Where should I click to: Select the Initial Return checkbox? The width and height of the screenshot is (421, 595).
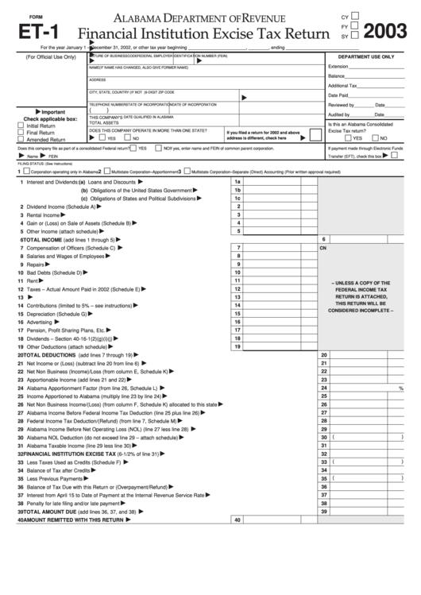[21, 126]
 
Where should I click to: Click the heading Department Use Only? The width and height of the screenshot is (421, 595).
[365, 57]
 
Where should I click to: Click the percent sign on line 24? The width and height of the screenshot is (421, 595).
[401, 388]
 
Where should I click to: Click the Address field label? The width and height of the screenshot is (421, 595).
[98, 79]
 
